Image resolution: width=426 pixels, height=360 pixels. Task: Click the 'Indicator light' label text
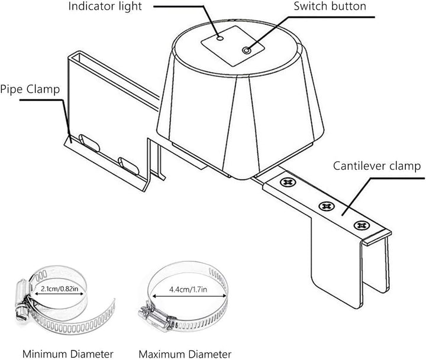click(x=105, y=7)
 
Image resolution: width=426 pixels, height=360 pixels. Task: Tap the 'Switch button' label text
click(x=330, y=7)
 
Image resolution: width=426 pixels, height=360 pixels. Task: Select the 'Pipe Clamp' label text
click(x=30, y=90)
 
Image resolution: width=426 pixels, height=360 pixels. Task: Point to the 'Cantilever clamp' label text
click(x=377, y=166)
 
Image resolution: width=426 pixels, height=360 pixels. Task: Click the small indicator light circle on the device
click(x=220, y=38)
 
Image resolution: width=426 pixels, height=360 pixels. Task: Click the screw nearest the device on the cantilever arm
click(x=288, y=182)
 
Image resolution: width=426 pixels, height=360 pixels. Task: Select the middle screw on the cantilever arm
click(x=326, y=206)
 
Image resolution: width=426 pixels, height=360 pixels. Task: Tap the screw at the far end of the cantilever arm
click(x=362, y=225)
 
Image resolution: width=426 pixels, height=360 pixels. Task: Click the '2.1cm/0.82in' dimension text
click(x=59, y=288)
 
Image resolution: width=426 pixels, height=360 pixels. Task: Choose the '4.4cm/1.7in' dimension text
click(x=188, y=290)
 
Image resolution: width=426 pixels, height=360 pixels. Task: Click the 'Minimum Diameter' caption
click(x=67, y=354)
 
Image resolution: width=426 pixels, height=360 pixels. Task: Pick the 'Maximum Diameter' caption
click(x=185, y=354)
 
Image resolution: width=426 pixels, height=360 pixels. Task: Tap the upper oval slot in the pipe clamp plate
click(x=89, y=142)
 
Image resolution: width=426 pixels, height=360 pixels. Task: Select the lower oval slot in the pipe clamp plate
click(x=128, y=166)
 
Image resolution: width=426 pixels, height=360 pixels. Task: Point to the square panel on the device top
click(x=233, y=46)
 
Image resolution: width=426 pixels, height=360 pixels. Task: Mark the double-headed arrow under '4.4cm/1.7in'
click(x=189, y=296)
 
